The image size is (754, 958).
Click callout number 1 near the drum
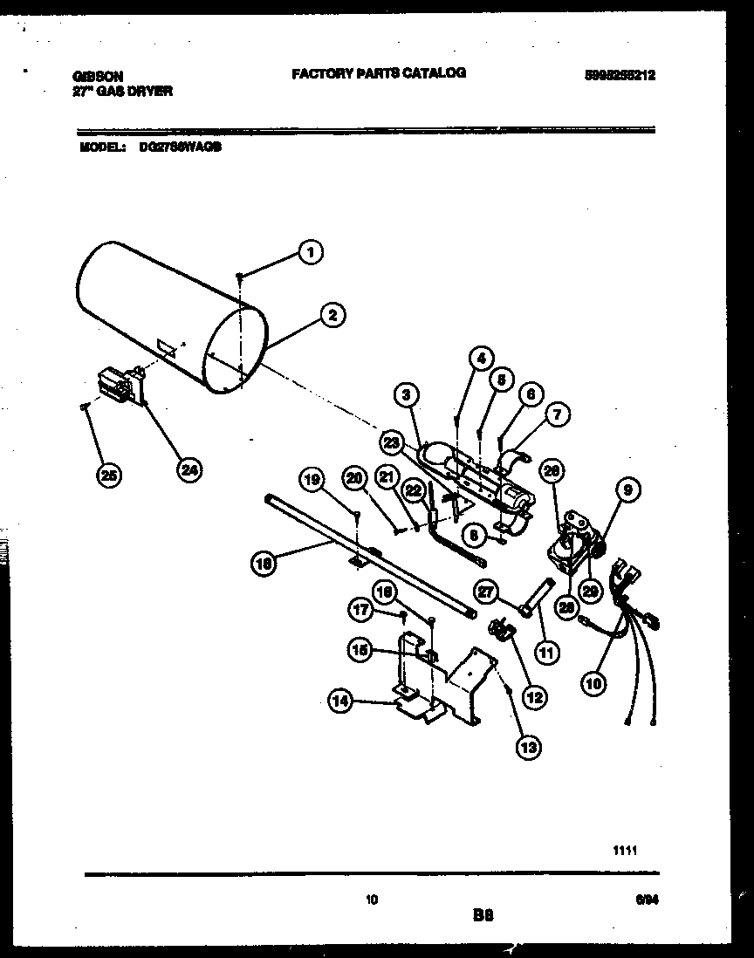pos(306,253)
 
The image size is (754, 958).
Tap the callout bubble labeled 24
pos(188,469)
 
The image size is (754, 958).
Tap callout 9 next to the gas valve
pos(624,491)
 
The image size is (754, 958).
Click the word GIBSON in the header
pos(98,77)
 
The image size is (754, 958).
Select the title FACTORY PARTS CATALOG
pos(378,73)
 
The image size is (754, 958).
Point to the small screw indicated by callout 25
pos(85,406)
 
